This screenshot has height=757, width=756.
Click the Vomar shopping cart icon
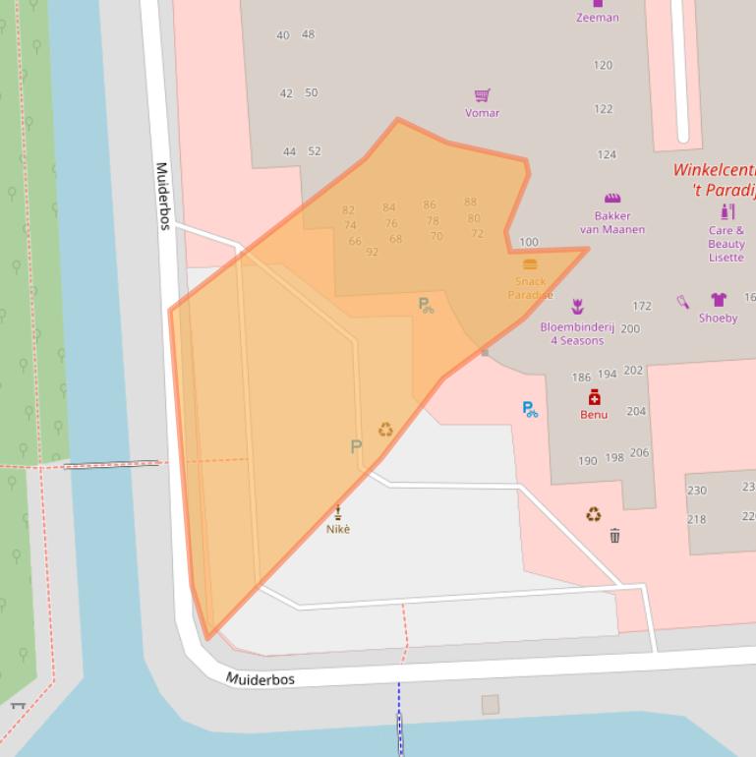pyautogui.click(x=482, y=95)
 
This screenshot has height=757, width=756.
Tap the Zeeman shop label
pyautogui.click(x=597, y=17)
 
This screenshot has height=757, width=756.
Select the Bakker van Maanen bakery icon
pyautogui.click(x=612, y=198)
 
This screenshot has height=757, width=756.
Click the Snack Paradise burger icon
pyautogui.click(x=530, y=264)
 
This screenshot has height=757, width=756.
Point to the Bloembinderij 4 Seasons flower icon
pyautogui.click(x=577, y=307)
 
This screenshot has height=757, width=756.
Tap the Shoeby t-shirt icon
pyautogui.click(x=718, y=300)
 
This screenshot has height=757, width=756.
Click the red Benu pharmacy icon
pyautogui.click(x=594, y=397)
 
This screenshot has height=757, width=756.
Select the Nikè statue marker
pyautogui.click(x=338, y=512)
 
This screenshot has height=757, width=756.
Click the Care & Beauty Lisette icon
pyautogui.click(x=727, y=211)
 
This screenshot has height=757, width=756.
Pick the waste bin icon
pyautogui.click(x=614, y=536)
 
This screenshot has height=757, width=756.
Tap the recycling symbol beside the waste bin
pyautogui.click(x=594, y=514)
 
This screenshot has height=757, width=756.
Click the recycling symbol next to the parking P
pyautogui.click(x=385, y=430)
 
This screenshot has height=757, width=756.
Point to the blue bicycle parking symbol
pyautogui.click(x=530, y=409)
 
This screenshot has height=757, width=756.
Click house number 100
pyautogui.click(x=529, y=242)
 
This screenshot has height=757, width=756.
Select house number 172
pyautogui.click(x=642, y=307)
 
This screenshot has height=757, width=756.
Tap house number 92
pyautogui.click(x=372, y=253)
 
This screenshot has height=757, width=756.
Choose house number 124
pyautogui.click(x=607, y=154)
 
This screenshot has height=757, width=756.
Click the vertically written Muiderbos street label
pyautogui.click(x=163, y=197)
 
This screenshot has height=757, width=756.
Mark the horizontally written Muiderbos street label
pyautogui.click(x=261, y=679)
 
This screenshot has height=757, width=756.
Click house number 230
pyautogui.click(x=696, y=491)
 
